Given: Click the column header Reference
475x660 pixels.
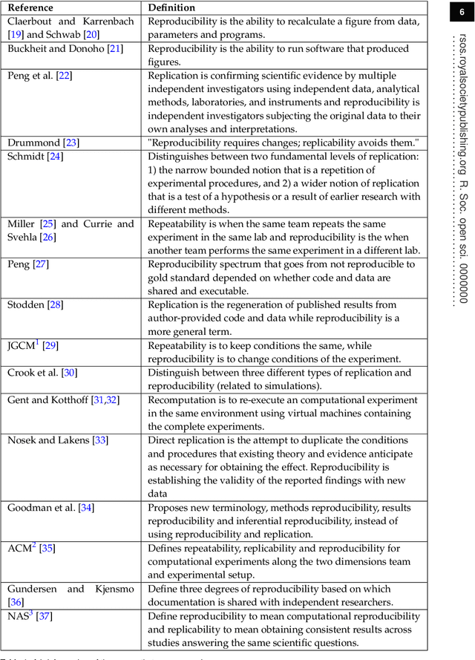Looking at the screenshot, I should pyautogui.click(x=30, y=7).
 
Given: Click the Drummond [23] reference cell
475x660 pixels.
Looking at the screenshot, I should pyautogui.click(x=43, y=143).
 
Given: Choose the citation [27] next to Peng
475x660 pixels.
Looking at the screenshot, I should pyautogui.click(x=42, y=264).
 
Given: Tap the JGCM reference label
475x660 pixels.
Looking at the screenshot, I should pyautogui.click(x=22, y=346).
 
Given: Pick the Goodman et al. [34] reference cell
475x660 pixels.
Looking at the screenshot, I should pyautogui.click(x=50, y=508).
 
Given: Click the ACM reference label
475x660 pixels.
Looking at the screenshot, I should pyautogui.click(x=19, y=549).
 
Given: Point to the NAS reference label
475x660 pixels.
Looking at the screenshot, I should pyautogui.click(x=19, y=616).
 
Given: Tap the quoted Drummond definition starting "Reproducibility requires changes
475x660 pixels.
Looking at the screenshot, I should pyautogui.click(x=284, y=143).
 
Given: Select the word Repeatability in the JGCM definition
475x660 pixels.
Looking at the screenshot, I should pyautogui.click(x=179, y=345).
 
